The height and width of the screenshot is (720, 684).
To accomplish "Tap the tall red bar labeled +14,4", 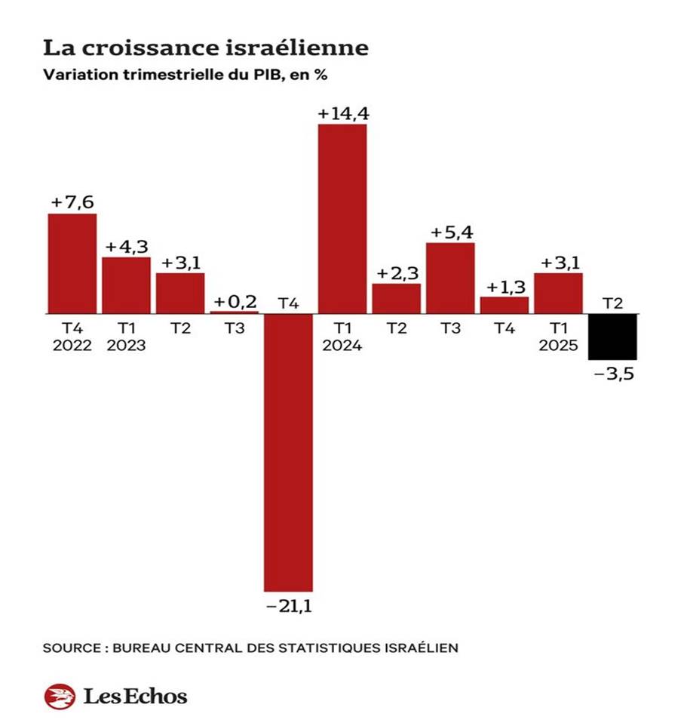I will pos(342,218).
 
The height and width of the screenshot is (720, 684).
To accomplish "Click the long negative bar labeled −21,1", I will pos(287,451).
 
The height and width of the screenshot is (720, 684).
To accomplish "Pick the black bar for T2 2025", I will pos(612,337).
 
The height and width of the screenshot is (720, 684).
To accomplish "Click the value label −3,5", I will pos(612,373).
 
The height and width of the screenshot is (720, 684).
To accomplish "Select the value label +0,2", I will pos(234,301).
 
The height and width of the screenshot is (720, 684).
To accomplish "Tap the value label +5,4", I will pos(450,232).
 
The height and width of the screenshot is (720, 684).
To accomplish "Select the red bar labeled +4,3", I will pos(126,285).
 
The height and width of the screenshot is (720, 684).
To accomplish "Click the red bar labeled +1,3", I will pos(504,305).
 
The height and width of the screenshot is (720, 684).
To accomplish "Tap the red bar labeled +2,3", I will pos(396,298).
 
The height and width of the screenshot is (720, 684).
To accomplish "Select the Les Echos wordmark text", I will pos(134,696).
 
